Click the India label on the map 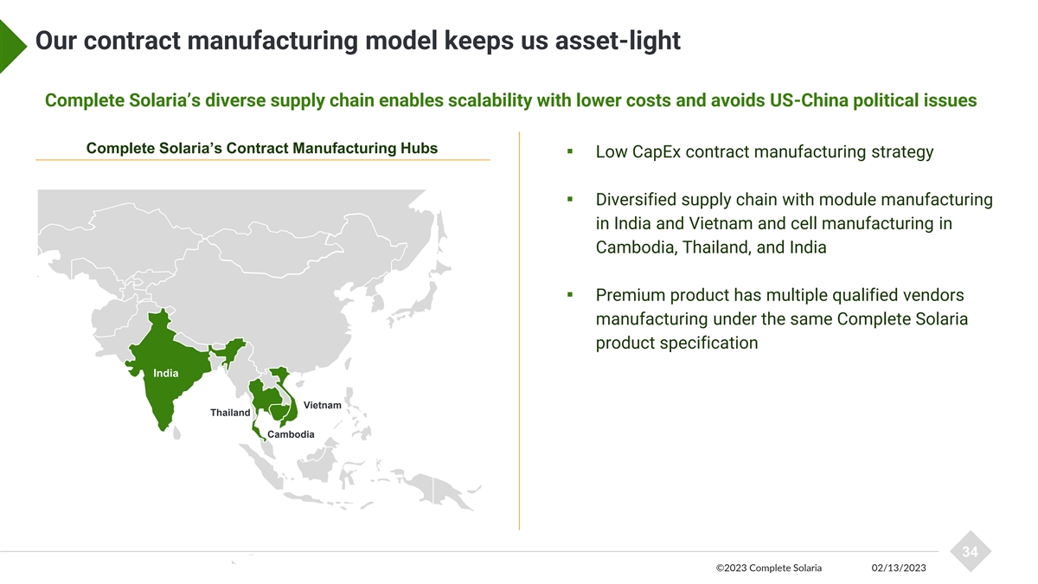pyautogui.click(x=166, y=374)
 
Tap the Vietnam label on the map pyautogui.click(x=322, y=405)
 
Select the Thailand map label pyautogui.click(x=230, y=413)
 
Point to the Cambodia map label pyautogui.click(x=291, y=434)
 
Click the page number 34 pyautogui.click(x=970, y=552)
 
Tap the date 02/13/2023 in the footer pyautogui.click(x=899, y=568)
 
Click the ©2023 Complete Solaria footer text pyautogui.click(x=769, y=568)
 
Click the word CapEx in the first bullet pyautogui.click(x=662, y=152)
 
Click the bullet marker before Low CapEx pyautogui.click(x=571, y=152)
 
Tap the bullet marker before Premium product pyautogui.click(x=571, y=295)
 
